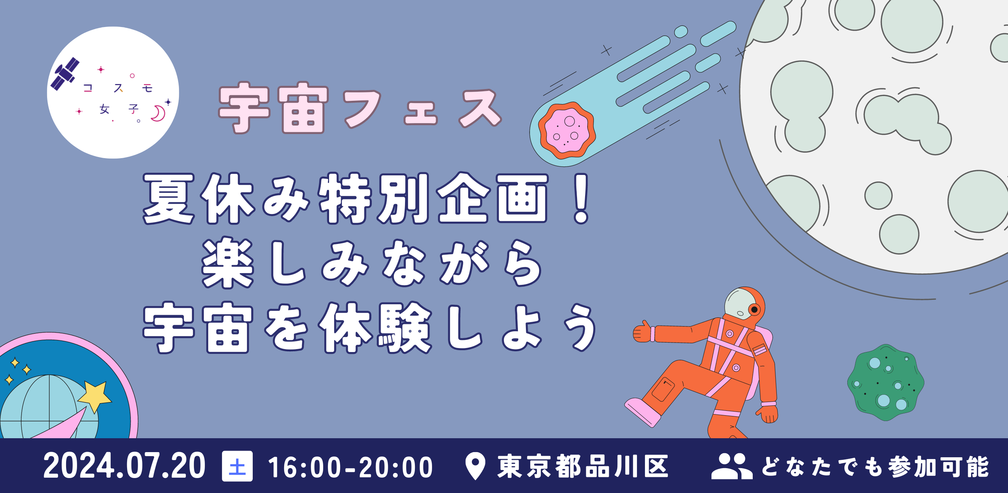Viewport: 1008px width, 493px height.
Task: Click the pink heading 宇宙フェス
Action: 360,108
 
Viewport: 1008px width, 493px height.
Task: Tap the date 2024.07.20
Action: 125,466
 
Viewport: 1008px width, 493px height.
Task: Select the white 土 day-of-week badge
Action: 237,466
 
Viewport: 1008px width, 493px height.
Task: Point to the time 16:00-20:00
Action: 350,467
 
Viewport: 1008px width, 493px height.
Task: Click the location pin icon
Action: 475,466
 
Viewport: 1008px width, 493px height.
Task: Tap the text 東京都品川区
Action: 583,466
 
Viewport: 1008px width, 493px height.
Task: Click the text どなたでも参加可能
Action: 875,466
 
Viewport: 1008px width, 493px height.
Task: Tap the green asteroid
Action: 886,382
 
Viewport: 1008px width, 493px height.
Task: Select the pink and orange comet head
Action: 566,130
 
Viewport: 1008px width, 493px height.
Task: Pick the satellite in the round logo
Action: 65,74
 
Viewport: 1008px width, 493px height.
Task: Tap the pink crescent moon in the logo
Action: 159,114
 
